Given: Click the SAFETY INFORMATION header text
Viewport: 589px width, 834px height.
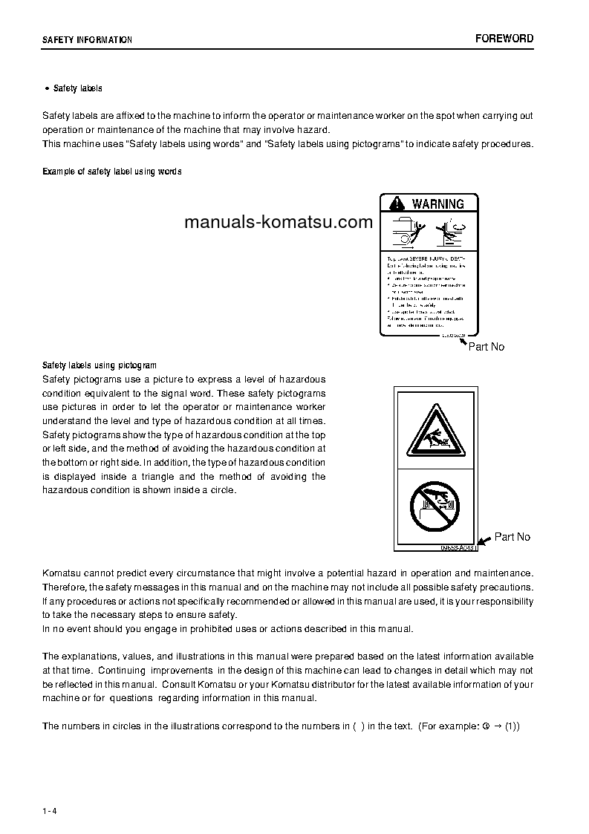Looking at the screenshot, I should point(87,40).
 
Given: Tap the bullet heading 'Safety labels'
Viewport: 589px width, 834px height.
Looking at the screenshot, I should point(77,88).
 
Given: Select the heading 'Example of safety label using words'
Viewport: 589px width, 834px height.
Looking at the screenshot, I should point(111,172).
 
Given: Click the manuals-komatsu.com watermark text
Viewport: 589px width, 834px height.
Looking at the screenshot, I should point(278,222).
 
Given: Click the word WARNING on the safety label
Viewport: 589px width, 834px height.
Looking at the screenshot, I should point(437,203).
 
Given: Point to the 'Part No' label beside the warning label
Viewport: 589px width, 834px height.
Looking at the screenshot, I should point(486,347).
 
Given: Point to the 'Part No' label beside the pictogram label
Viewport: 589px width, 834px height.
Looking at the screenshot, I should point(512,537).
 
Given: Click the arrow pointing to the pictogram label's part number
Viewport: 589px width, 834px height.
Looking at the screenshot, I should point(484,542).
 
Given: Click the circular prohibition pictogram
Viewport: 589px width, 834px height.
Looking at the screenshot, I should point(436,507).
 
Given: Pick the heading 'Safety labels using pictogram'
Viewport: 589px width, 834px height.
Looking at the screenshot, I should point(99,365).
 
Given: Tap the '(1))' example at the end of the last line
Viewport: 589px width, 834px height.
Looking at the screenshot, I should point(512,726).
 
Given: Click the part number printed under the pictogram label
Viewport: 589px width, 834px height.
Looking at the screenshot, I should point(456,547).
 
